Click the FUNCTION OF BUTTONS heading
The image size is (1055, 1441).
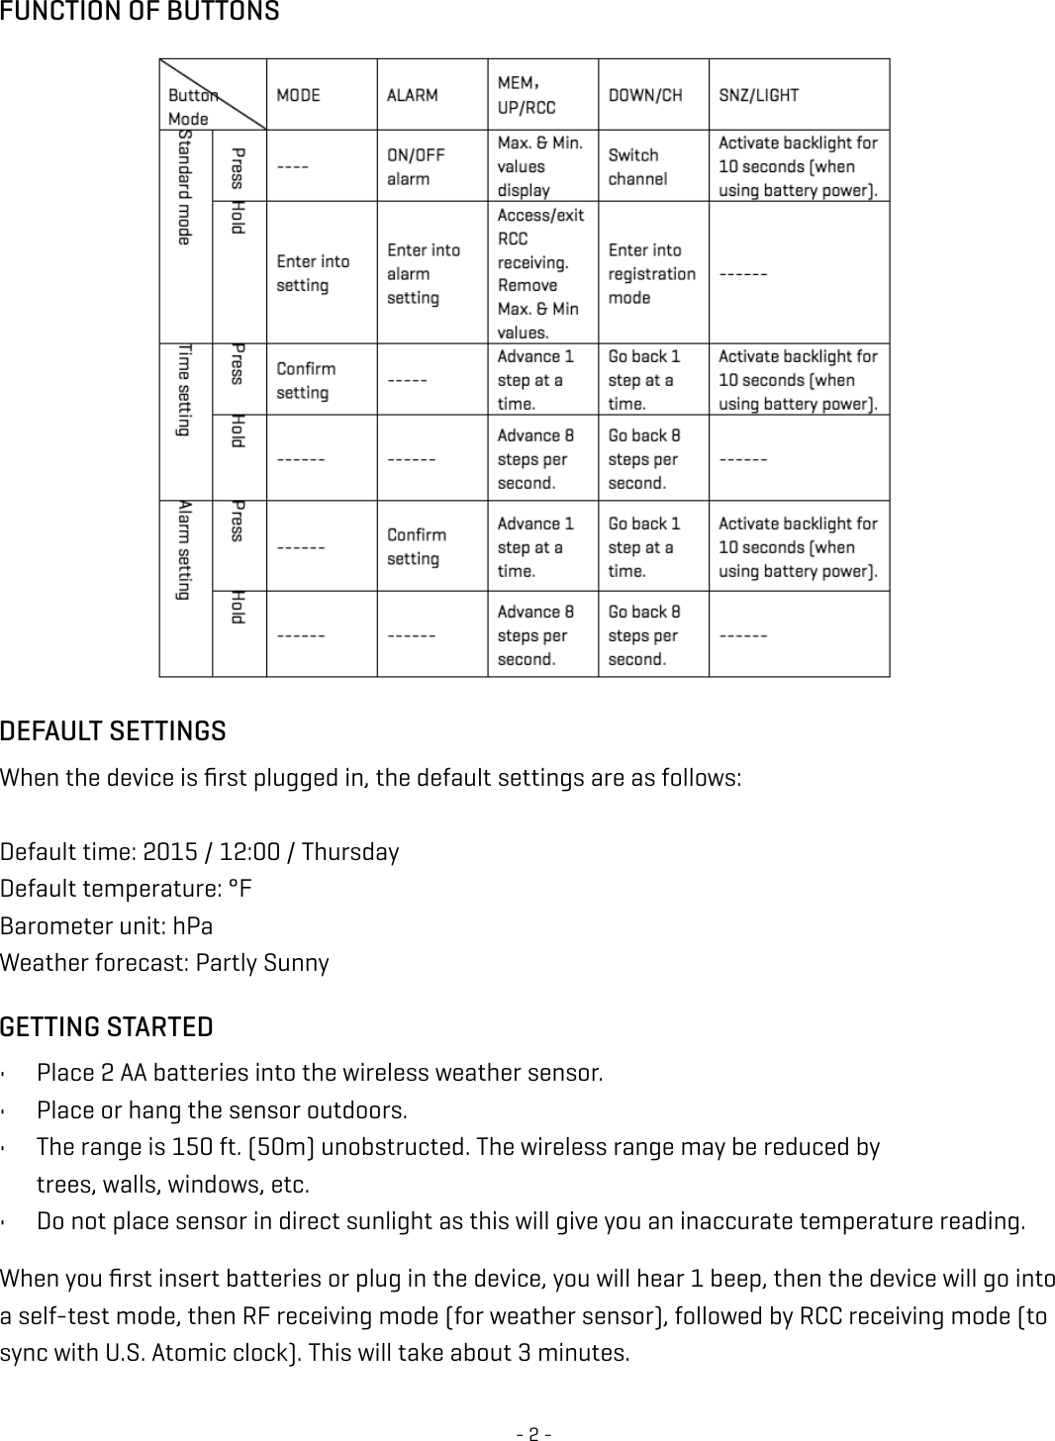140,13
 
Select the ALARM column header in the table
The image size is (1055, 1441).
412,96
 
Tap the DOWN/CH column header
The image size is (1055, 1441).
644,96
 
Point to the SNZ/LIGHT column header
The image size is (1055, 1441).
758,96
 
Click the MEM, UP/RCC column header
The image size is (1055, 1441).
526,95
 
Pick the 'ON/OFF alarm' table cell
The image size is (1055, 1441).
416,167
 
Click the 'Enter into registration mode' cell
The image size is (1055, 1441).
651,274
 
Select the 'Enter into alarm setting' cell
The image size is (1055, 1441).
423,274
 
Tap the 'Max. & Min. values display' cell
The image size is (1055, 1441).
539,167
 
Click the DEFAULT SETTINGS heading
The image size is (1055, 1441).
113,732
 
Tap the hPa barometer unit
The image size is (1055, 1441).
192,926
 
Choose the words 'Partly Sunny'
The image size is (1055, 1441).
262,963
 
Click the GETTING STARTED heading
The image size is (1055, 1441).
107,1027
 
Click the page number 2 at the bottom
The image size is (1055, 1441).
533,1432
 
